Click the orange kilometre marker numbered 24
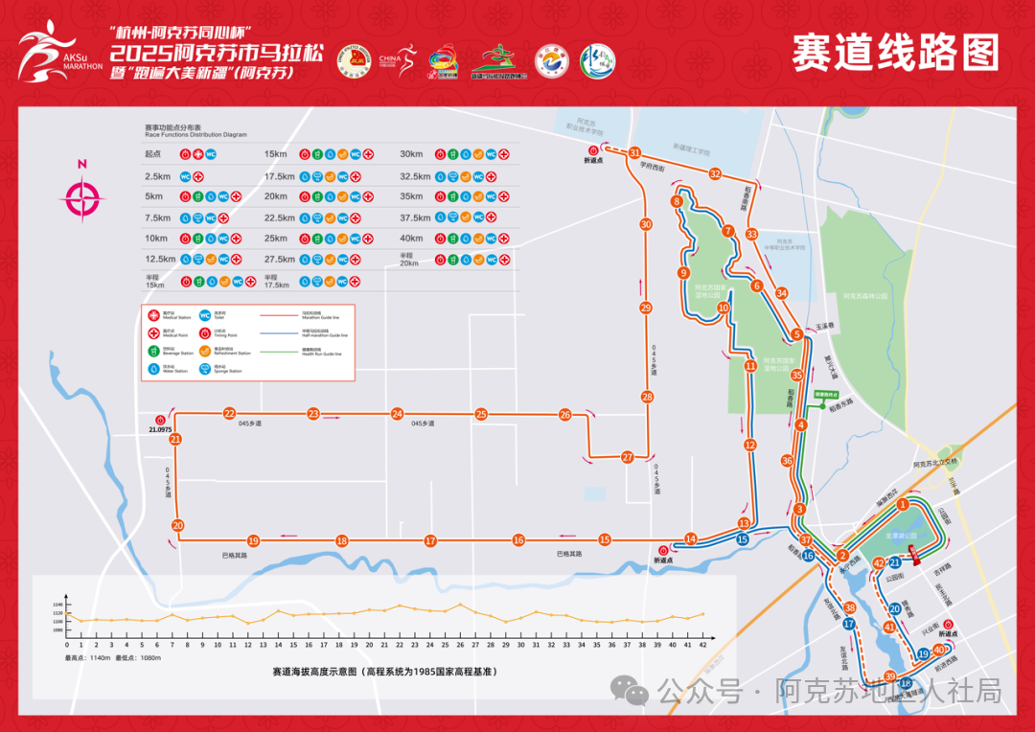point(397,414)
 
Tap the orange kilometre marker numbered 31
point(634,152)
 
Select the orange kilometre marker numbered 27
point(628,457)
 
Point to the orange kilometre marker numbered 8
point(677,201)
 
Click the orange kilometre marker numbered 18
point(341,540)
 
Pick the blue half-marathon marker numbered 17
point(849,624)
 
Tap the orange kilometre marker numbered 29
point(645,308)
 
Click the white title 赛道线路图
point(894,53)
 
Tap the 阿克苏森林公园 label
point(865,296)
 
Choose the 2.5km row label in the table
point(157,176)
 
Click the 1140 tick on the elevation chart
point(57,605)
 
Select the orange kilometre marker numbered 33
point(751,234)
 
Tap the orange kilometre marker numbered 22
point(229,414)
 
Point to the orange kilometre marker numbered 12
point(750,445)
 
